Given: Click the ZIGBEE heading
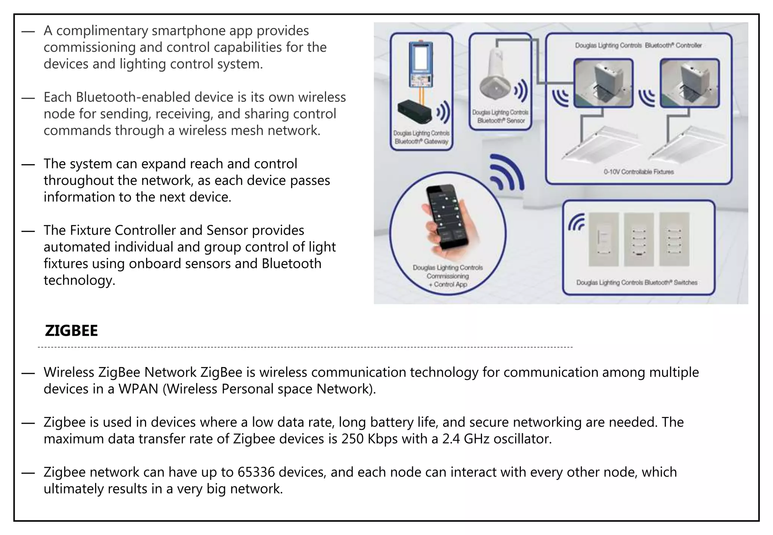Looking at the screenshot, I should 71,331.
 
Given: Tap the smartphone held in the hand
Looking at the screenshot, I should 448,217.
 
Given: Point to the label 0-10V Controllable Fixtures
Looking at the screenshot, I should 639,172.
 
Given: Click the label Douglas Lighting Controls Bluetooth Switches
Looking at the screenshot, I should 637,282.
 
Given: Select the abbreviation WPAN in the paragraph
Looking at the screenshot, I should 138,389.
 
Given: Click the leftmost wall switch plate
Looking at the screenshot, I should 604,239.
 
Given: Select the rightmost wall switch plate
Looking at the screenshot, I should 674,239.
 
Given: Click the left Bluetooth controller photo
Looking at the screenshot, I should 603,83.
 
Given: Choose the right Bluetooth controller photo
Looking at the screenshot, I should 690,83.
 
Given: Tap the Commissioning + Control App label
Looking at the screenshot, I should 448,276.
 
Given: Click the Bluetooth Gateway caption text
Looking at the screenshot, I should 421,137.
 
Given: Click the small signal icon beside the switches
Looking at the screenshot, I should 576,222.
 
